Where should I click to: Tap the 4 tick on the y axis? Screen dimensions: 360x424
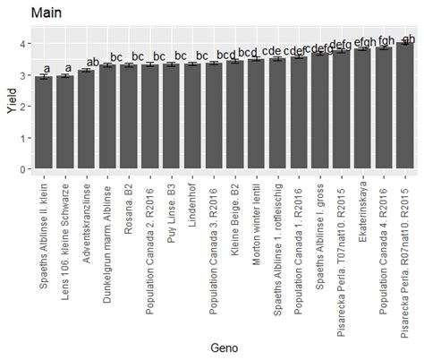click(23, 43)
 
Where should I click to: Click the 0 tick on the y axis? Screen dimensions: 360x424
click(23, 169)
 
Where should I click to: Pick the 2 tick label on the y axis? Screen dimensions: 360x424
click(23, 107)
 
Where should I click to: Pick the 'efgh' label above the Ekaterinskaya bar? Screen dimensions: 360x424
click(365, 42)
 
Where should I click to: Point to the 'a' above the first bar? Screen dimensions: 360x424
click(46, 69)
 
